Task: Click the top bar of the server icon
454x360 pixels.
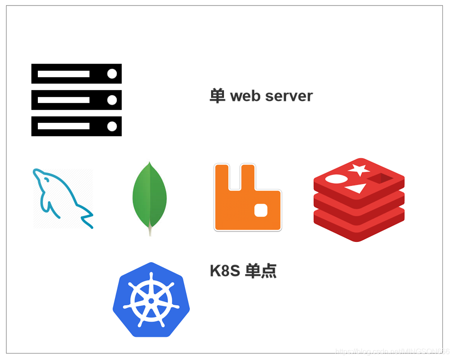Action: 76,74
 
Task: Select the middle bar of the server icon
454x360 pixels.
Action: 76,100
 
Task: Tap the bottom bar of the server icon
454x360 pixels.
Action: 76,126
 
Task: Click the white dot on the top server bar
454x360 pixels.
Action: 112,74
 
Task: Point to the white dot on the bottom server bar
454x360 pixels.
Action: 112,126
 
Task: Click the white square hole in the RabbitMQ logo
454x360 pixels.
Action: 261,210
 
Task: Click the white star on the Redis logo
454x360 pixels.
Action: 358,170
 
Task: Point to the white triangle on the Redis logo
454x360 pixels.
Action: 355,188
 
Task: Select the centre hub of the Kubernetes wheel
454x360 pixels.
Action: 151,301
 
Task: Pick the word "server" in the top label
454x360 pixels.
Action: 289,96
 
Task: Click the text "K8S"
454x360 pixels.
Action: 225,271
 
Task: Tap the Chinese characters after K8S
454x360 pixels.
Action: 261,271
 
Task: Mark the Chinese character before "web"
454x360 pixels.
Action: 217,96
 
